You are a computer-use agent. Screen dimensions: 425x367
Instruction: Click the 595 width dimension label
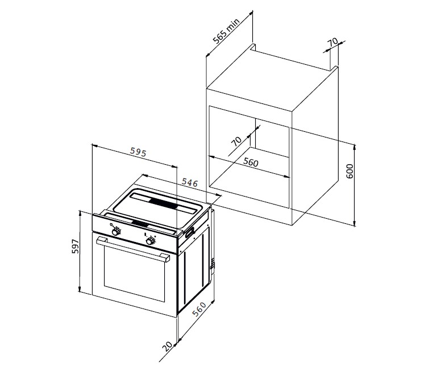click(138, 152)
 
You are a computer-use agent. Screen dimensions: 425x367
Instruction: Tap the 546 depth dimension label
click(189, 182)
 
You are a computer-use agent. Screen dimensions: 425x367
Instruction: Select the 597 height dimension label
click(76, 246)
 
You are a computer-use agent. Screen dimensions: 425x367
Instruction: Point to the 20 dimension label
click(168, 346)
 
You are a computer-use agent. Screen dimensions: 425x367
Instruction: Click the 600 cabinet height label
click(350, 171)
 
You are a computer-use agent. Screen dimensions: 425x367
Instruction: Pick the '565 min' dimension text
click(226, 31)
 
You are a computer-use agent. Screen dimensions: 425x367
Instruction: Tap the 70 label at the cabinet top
click(333, 42)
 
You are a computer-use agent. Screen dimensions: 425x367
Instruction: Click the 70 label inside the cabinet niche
click(236, 141)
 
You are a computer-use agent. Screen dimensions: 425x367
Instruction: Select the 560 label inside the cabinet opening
click(251, 162)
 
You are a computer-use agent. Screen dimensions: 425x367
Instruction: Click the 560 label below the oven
click(199, 309)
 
